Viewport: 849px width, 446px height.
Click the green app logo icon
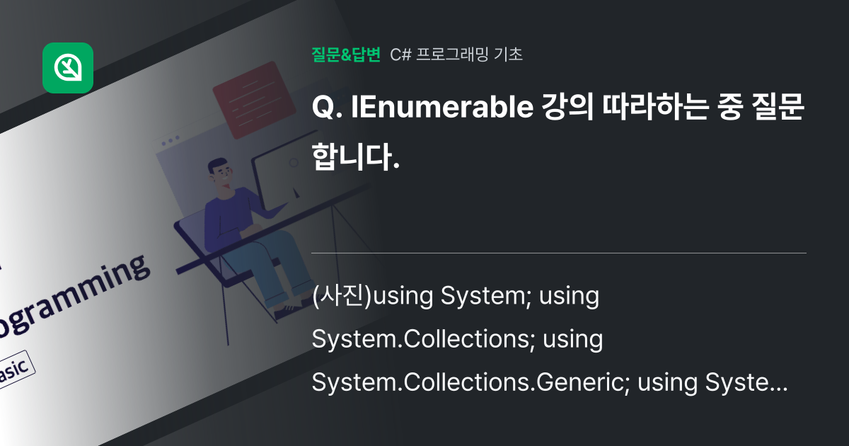(x=68, y=68)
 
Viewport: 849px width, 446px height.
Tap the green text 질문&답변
(x=346, y=54)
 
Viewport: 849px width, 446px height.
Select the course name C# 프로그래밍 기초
(x=457, y=54)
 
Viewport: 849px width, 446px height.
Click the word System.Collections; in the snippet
(x=423, y=340)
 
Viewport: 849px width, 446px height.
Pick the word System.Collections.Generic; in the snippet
(x=470, y=384)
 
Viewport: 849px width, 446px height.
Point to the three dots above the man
(x=171, y=141)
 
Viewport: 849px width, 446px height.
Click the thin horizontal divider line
(x=559, y=253)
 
